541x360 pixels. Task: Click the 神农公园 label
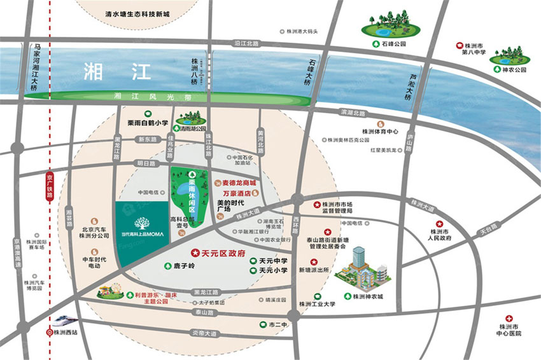515,71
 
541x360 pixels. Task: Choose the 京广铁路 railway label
50,184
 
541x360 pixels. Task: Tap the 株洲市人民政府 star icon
438,223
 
